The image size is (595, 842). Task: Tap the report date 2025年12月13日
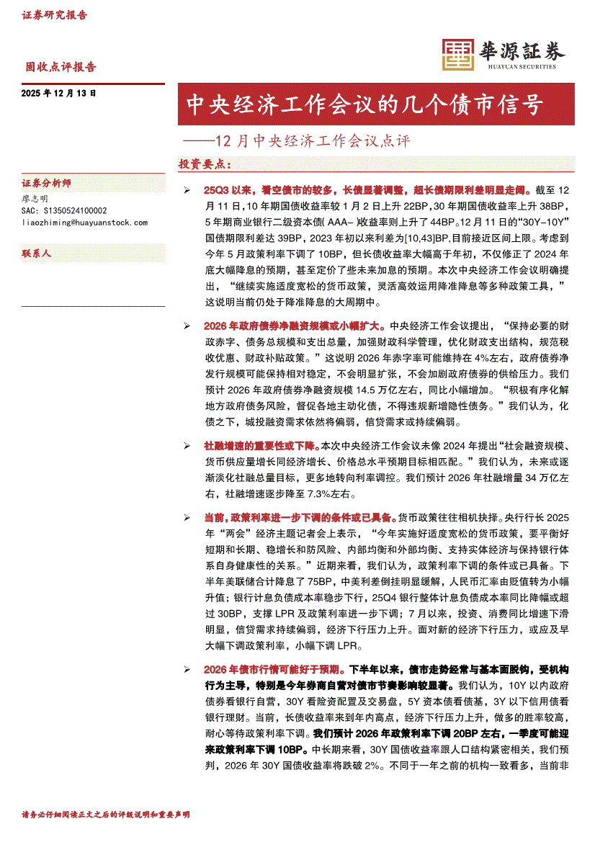pyautogui.click(x=59, y=93)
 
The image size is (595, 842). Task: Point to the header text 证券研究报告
pyautogui.click(x=54, y=14)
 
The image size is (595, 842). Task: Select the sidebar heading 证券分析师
pyautogui.click(x=47, y=184)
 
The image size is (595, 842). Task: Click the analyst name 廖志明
pyautogui.click(x=35, y=198)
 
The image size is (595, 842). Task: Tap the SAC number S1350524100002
pyautogui.click(x=65, y=210)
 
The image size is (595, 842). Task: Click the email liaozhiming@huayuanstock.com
pyautogui.click(x=85, y=223)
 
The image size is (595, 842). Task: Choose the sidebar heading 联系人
pyautogui.click(x=37, y=254)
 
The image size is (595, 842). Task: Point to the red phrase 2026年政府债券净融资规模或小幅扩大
pyautogui.click(x=295, y=326)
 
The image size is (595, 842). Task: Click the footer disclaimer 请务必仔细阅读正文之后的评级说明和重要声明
pyautogui.click(x=106, y=814)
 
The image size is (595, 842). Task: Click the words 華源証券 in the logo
pyautogui.click(x=522, y=50)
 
